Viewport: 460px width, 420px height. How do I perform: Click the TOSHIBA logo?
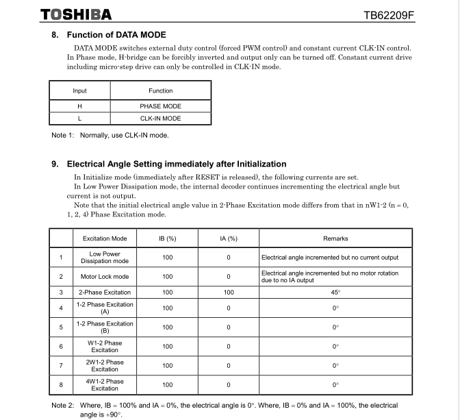[x=75, y=14]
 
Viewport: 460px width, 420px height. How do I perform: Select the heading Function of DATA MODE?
[x=116, y=35]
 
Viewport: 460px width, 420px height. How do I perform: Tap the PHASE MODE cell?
[x=160, y=106]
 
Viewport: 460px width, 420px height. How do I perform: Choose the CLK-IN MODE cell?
[x=160, y=119]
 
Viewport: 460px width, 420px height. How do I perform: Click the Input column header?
[x=79, y=90]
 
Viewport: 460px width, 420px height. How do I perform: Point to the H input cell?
[x=79, y=106]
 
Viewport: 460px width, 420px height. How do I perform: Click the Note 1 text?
[x=110, y=135]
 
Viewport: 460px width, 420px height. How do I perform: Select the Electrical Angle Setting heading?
[x=176, y=164]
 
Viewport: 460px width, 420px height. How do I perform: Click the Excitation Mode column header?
[x=105, y=238]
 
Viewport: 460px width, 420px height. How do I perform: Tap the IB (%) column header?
[x=168, y=238]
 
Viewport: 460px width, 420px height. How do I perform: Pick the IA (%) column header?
[x=229, y=238]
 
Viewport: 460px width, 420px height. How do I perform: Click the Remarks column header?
[x=335, y=238]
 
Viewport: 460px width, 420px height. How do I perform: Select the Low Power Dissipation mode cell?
[x=105, y=258]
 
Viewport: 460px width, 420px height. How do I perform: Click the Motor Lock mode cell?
[x=105, y=277]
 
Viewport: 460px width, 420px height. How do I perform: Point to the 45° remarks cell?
[x=335, y=293]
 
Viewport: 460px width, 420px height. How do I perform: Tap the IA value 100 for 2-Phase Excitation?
[x=229, y=293]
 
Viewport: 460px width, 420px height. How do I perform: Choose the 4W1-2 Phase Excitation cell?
[x=105, y=384]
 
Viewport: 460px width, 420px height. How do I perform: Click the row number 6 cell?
[x=61, y=347]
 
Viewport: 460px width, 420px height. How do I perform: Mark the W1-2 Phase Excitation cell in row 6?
[x=105, y=347]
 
